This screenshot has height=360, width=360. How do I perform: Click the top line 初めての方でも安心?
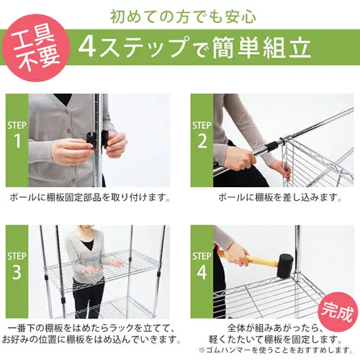[x=180, y=15]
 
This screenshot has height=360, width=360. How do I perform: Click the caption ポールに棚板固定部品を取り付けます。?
[x=90, y=197]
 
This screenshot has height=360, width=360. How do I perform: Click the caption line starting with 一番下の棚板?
[x=90, y=326]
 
